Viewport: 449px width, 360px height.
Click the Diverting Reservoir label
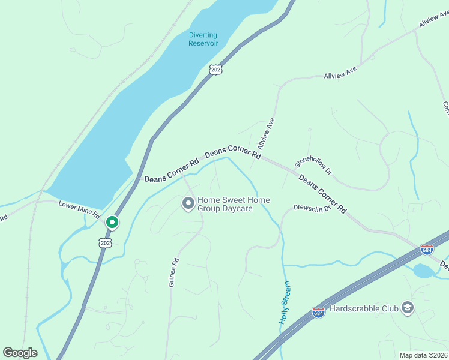tap(203, 39)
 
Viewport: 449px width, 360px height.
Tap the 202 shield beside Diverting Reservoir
tap(216, 70)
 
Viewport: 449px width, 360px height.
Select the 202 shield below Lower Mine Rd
tap(105, 243)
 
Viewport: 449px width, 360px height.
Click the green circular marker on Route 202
tap(112, 223)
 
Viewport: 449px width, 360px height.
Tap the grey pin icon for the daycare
tap(188, 204)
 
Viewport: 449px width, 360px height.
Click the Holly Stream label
tap(285, 302)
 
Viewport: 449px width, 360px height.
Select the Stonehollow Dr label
tap(313, 163)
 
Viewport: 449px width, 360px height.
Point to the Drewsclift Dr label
tap(312, 208)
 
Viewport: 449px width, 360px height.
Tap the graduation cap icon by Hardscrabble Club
tap(408, 308)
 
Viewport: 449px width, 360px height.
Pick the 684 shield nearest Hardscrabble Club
tap(319, 313)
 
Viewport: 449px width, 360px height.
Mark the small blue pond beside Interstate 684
tap(424, 271)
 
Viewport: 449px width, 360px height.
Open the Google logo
tap(20, 353)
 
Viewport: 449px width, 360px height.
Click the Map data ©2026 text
tap(423, 355)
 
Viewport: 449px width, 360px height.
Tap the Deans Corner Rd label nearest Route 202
tap(171, 170)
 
